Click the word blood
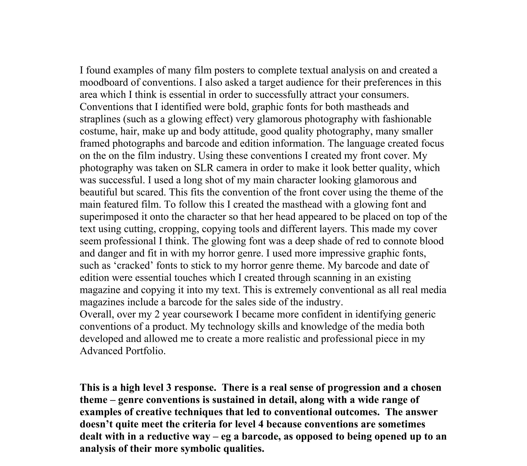(x=432, y=241)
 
